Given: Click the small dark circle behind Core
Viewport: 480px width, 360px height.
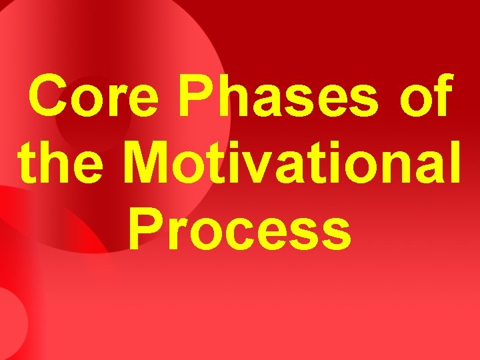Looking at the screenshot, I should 93,120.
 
